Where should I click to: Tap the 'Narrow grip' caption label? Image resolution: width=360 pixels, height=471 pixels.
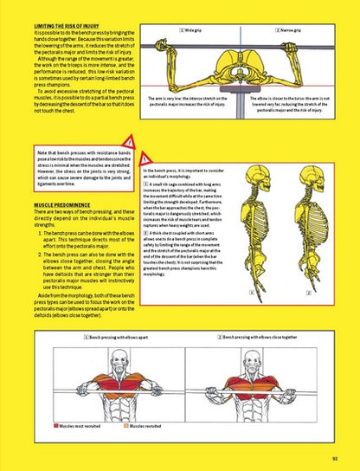[288, 29]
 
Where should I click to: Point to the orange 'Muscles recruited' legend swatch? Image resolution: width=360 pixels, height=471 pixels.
[125, 427]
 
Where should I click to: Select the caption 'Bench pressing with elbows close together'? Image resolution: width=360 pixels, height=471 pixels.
[269, 336]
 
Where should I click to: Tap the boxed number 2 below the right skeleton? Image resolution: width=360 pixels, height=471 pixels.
[309, 293]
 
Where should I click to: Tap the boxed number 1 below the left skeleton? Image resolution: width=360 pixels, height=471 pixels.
[251, 293]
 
